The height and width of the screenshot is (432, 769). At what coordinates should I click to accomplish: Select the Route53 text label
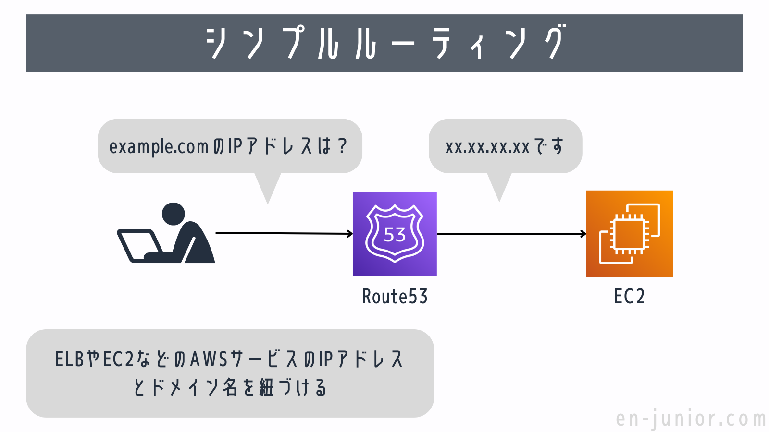[x=395, y=297]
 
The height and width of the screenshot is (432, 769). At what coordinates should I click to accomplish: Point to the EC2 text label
[x=629, y=297]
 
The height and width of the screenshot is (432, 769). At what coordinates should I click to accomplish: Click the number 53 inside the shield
[x=395, y=235]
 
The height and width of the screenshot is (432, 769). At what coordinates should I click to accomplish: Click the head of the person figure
[x=174, y=214]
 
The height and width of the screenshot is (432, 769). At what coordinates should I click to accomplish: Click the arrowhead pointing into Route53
[x=350, y=234]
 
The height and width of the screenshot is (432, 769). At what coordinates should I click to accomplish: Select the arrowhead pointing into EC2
[x=583, y=234]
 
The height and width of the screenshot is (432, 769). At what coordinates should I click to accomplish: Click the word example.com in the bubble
[x=159, y=146]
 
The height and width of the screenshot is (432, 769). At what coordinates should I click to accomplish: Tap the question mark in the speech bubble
[x=342, y=146]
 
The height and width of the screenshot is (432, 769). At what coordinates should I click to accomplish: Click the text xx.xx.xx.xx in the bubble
[x=487, y=146]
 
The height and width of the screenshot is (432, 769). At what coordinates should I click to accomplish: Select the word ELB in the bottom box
[x=70, y=359]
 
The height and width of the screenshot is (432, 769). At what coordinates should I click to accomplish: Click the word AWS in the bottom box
[x=209, y=359]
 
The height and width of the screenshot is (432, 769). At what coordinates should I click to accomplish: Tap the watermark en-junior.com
[x=691, y=419]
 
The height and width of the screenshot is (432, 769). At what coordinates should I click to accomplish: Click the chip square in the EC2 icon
[x=629, y=234]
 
